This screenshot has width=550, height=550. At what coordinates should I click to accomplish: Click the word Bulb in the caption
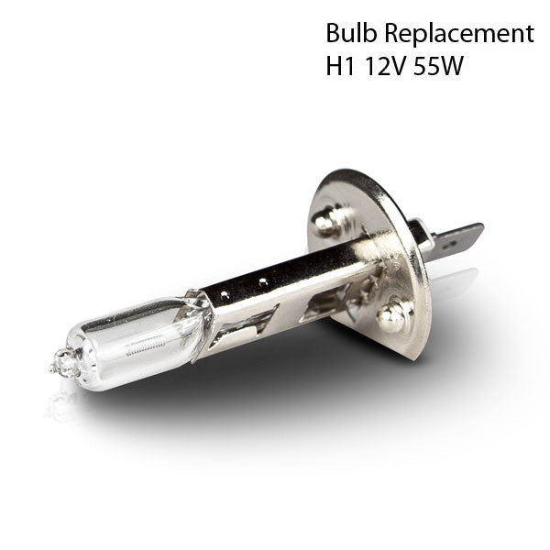(x=351, y=33)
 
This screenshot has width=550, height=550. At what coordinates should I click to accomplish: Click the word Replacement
(x=459, y=34)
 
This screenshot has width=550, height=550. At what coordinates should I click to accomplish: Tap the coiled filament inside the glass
(x=145, y=346)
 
